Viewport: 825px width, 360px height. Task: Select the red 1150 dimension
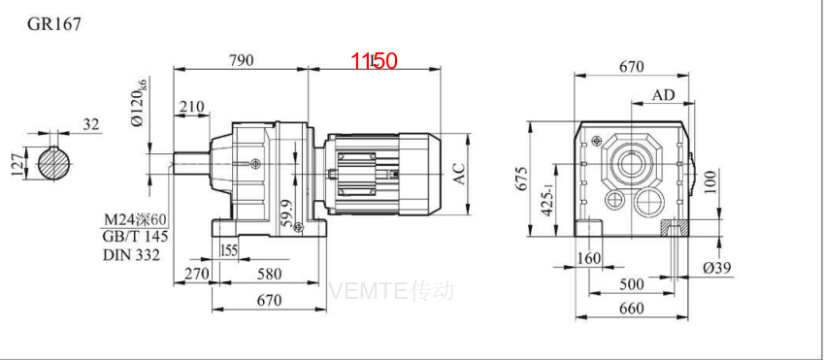[x=375, y=61]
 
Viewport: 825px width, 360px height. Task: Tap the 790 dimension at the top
[x=241, y=60]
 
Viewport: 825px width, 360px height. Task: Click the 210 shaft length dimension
[x=191, y=106]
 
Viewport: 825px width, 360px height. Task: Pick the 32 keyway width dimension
[x=92, y=124]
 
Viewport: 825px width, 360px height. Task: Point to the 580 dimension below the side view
[x=271, y=275]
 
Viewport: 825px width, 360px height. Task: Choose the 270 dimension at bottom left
[x=197, y=275]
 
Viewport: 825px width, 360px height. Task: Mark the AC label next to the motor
[x=461, y=174]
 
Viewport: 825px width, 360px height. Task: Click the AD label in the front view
[x=664, y=95]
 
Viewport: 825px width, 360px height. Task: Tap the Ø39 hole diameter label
[x=715, y=267]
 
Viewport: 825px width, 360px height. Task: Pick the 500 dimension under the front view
[x=632, y=283]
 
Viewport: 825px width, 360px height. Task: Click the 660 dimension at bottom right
[x=632, y=309]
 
